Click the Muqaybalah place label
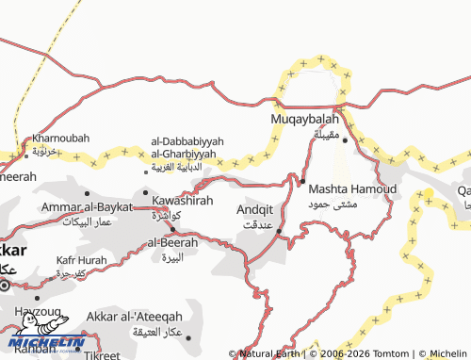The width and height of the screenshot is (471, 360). click(x=303, y=121)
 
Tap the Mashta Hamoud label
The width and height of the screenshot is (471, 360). click(x=352, y=188)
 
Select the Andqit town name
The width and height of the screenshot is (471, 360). click(x=254, y=210)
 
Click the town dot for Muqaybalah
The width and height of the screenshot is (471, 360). click(x=345, y=141)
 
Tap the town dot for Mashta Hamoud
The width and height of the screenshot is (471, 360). click(x=303, y=180)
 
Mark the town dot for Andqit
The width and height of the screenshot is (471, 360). click(x=279, y=231)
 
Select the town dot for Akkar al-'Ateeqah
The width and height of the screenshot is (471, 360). click(x=187, y=336)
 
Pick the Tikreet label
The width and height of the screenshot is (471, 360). click(x=102, y=355)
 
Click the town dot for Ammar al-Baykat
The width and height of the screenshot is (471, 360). click(x=87, y=192)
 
